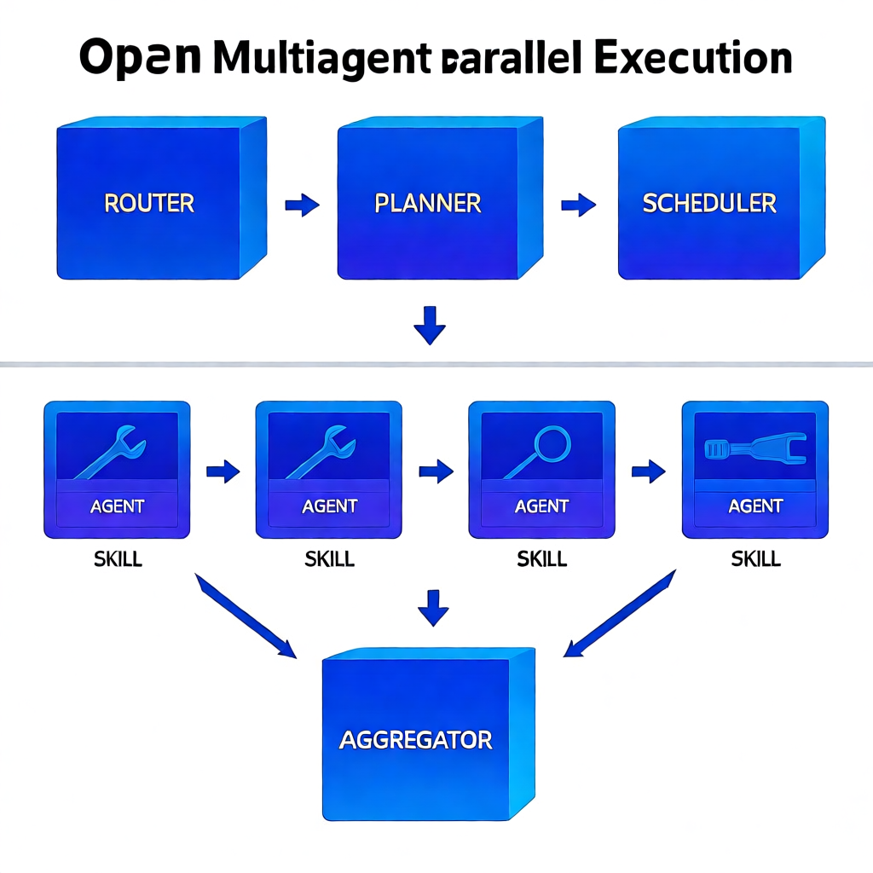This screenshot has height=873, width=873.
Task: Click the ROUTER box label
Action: [x=149, y=203]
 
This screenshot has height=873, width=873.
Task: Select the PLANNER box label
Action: [x=428, y=203]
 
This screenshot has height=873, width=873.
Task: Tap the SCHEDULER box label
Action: [x=709, y=203]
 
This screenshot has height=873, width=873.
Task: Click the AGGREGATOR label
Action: [x=415, y=739]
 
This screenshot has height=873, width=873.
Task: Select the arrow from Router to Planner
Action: [x=302, y=205]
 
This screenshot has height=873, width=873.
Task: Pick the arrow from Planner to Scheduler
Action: [x=578, y=205]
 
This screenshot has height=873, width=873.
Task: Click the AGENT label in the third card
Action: [x=541, y=506]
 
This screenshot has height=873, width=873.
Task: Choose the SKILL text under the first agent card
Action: [x=117, y=559]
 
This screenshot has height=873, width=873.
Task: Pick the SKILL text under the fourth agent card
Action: [x=755, y=559]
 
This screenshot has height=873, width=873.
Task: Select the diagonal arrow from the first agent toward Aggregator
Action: [x=246, y=616]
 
